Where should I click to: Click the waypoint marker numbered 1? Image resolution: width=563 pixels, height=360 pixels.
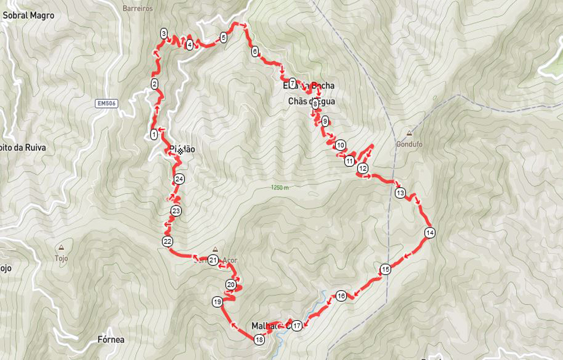click(x=154, y=134)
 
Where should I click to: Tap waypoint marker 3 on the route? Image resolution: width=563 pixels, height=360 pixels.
click(x=163, y=33)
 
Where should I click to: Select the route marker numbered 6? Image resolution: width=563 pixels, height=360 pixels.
click(x=255, y=52)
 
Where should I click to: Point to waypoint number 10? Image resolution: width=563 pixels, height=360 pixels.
click(x=340, y=145)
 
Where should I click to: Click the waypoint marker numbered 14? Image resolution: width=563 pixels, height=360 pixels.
click(x=430, y=233)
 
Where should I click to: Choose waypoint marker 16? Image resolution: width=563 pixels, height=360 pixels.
click(x=341, y=296)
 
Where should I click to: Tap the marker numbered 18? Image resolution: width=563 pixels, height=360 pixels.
click(x=260, y=339)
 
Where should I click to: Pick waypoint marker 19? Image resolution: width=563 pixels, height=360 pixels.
click(x=217, y=302)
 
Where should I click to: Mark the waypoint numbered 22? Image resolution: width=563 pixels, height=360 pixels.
click(x=168, y=242)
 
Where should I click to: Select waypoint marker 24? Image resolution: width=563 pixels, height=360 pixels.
click(x=179, y=179)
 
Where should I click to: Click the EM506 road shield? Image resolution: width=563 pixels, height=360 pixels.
click(x=106, y=104)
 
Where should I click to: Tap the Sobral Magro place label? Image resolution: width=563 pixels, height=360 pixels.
click(x=28, y=15)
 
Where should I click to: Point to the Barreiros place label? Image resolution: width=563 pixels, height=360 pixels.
click(x=138, y=9)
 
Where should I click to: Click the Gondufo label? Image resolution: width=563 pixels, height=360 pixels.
click(x=409, y=144)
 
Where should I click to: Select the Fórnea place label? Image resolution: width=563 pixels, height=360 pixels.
click(x=111, y=339)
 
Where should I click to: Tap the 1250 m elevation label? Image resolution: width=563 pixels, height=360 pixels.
click(x=280, y=188)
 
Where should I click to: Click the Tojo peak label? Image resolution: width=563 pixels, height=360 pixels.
click(x=62, y=259)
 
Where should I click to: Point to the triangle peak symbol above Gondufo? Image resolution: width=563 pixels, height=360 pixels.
click(x=409, y=133)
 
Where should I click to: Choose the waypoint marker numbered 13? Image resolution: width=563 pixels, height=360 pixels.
click(x=400, y=193)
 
